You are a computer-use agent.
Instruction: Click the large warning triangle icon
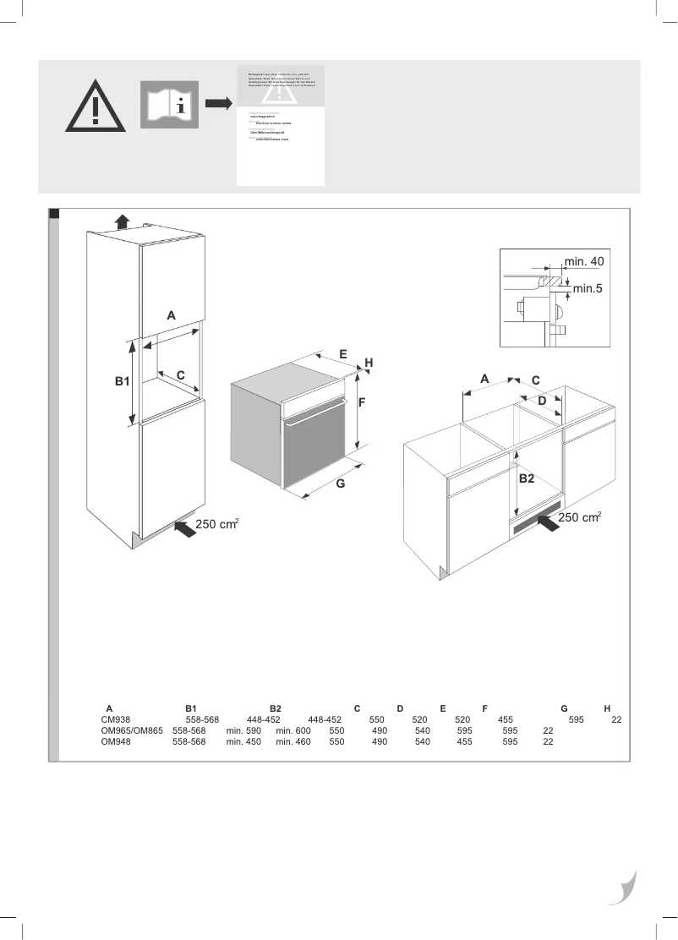[x=96, y=107]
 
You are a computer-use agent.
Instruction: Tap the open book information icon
[x=169, y=105]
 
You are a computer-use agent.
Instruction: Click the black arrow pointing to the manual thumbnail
[x=218, y=103]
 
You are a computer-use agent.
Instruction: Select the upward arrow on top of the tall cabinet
[x=123, y=221]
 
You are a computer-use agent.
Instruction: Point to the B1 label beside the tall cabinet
[x=123, y=382]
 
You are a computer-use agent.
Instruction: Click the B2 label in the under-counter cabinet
[x=527, y=478]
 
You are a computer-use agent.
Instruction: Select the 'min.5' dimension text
[x=588, y=289]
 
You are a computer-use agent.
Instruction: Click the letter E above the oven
[x=343, y=353]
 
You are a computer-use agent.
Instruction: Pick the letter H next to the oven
[x=369, y=363]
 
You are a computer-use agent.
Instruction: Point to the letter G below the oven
[x=340, y=484]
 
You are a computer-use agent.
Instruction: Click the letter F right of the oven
[x=361, y=403]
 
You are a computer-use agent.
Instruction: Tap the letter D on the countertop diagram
[x=543, y=400]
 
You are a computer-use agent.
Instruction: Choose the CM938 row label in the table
[x=116, y=719]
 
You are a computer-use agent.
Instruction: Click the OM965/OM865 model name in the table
[x=131, y=730]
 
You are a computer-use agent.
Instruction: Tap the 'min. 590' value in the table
[x=243, y=730]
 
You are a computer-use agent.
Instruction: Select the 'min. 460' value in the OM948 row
[x=293, y=741]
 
